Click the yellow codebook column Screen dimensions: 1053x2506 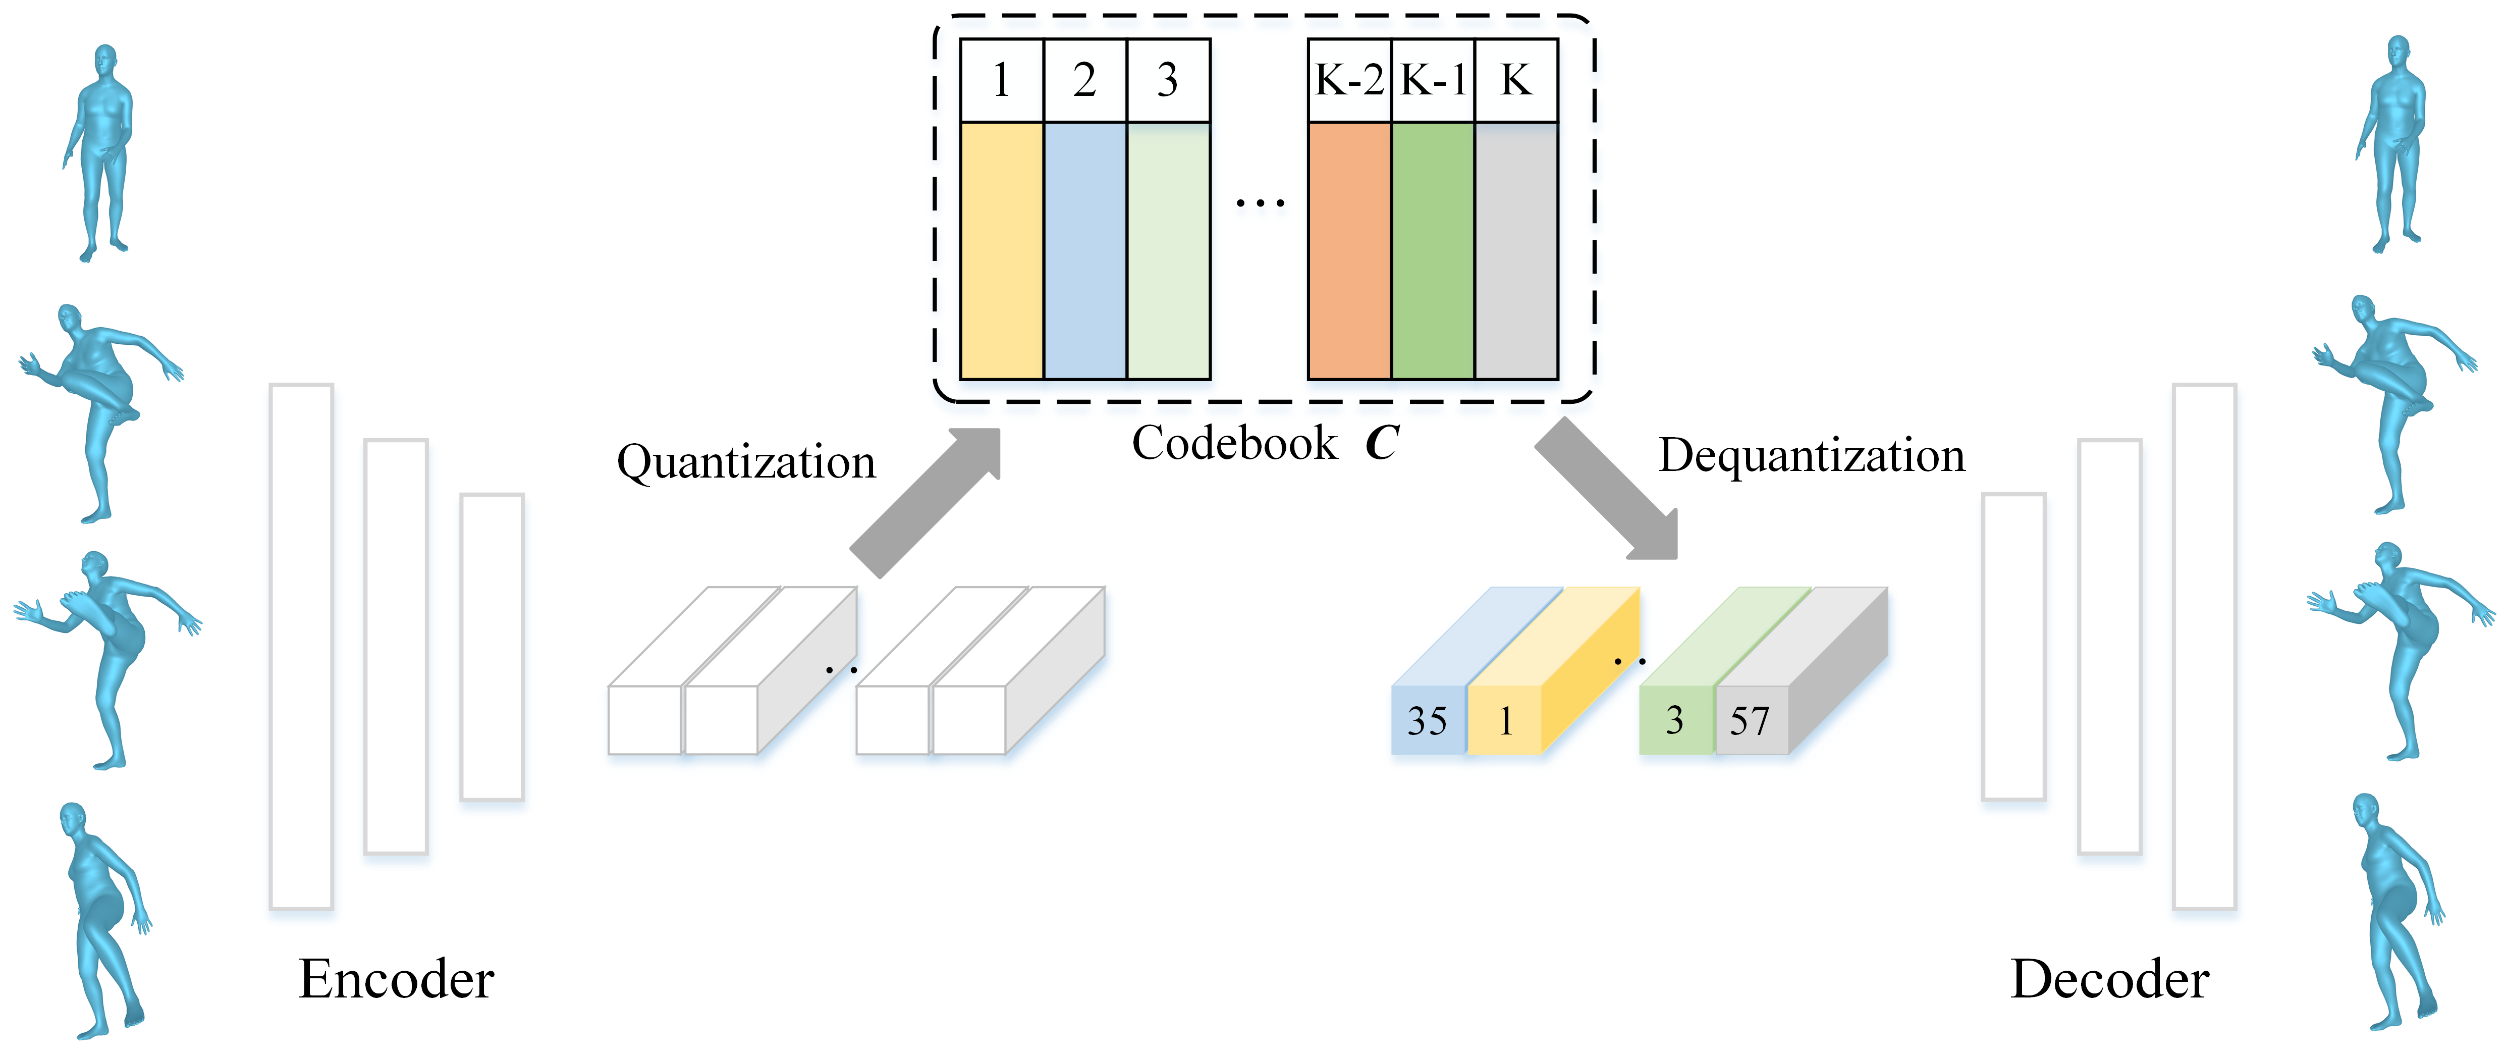[1001, 250]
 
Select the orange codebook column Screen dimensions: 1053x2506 [1349, 250]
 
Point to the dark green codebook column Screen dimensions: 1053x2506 [1433, 250]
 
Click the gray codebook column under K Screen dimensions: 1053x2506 [1516, 250]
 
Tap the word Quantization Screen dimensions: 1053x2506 [746, 461]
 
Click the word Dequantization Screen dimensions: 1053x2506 [1812, 455]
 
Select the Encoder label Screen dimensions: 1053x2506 [396, 979]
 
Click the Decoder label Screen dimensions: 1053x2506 [2109, 979]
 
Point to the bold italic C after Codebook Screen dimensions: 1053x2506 [1381, 444]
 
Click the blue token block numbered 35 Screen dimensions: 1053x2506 [1427, 720]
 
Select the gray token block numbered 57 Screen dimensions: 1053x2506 [1750, 720]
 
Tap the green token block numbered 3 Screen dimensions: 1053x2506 [1675, 720]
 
